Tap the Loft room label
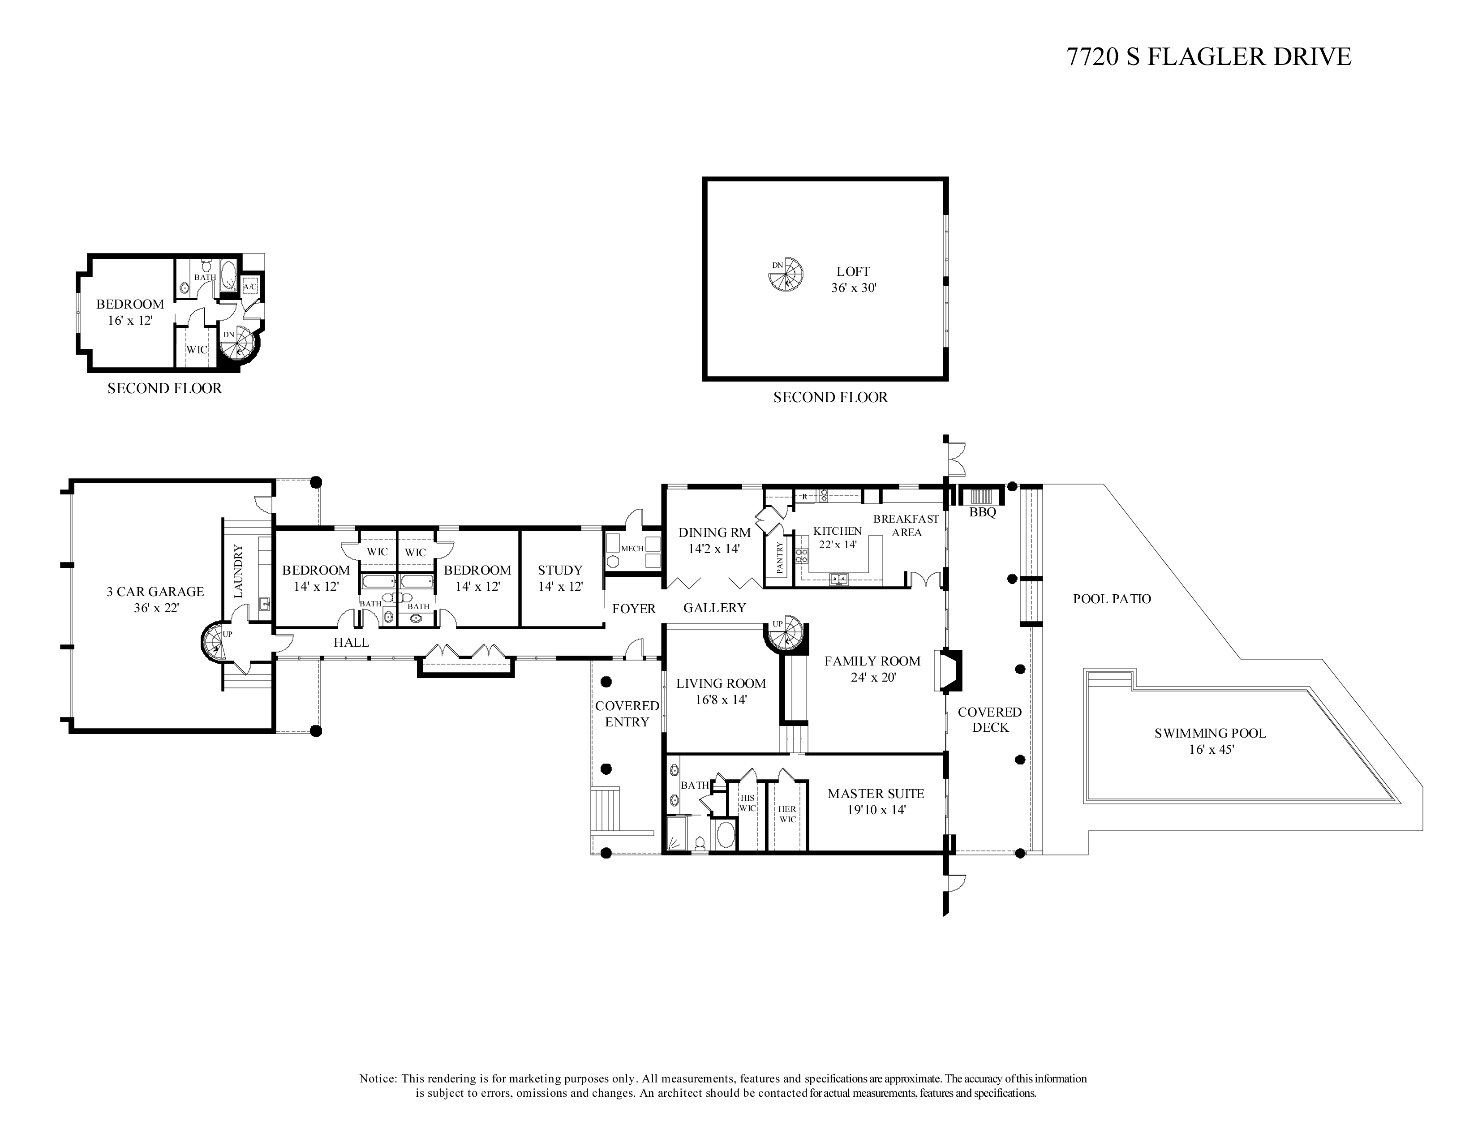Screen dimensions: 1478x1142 (x=853, y=272)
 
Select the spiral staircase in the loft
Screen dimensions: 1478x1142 (x=788, y=275)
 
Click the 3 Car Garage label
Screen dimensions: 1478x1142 (x=155, y=591)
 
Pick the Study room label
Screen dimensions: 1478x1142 (x=560, y=570)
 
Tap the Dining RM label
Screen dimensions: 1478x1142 (x=715, y=533)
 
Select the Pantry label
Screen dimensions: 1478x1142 (x=780, y=558)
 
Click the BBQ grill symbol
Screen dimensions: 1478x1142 (x=981, y=495)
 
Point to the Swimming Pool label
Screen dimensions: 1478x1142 (x=1210, y=733)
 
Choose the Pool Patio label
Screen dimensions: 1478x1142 (x=1112, y=599)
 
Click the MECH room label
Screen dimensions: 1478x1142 (x=633, y=549)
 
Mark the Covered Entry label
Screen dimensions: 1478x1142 (x=627, y=714)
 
